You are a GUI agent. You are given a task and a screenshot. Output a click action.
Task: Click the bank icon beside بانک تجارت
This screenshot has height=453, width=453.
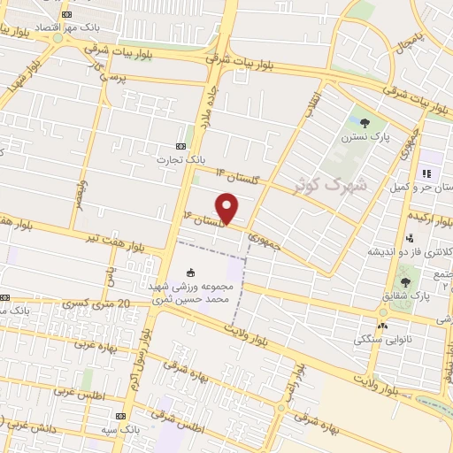coord(181,146)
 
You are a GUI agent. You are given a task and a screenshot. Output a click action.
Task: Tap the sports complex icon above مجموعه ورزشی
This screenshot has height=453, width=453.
coord(192,272)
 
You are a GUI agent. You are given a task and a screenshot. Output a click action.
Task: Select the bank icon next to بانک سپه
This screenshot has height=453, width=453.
coord(120,416)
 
